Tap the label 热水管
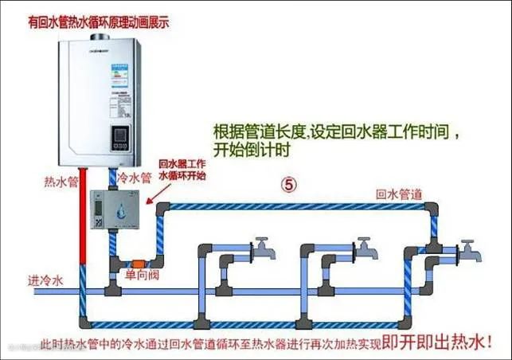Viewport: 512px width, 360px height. (x=61, y=181)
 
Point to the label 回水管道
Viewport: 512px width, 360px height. (x=399, y=194)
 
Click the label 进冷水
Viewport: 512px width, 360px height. (x=45, y=280)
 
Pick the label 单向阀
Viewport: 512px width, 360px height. (x=140, y=275)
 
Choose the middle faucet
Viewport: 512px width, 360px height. (x=364, y=247)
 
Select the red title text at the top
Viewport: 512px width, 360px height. (x=97, y=23)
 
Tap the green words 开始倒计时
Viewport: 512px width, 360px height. (x=251, y=150)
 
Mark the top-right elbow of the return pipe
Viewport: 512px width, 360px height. (x=432, y=209)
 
